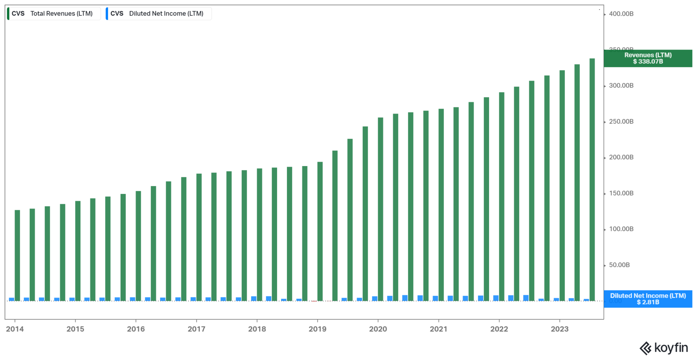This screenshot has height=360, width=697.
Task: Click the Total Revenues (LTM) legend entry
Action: pyautogui.click(x=54, y=14)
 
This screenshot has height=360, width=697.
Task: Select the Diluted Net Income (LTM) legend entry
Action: pyautogui.click(x=159, y=14)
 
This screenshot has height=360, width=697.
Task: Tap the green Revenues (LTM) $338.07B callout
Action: pyautogui.click(x=648, y=58)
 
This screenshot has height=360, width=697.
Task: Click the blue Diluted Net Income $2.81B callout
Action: pyautogui.click(x=648, y=299)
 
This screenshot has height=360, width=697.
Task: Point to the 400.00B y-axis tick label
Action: pyautogui.click(x=621, y=14)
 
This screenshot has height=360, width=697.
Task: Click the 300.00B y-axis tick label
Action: pyautogui.click(x=621, y=85)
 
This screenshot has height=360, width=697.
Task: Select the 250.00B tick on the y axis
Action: pyautogui.click(x=621, y=121)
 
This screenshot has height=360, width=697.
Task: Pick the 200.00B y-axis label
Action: pyautogui.click(x=621, y=157)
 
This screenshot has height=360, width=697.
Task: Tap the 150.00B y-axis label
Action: pyautogui.click(x=621, y=193)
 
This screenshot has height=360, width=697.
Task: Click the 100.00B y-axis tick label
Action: pyautogui.click(x=621, y=229)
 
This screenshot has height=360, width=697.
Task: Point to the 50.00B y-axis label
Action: pyautogui.click(x=619, y=265)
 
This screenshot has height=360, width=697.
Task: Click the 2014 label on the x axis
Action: pyautogui.click(x=15, y=329)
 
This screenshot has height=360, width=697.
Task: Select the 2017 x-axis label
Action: pyautogui.click(x=196, y=329)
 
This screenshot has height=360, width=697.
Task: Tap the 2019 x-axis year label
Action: pyautogui.click(x=318, y=329)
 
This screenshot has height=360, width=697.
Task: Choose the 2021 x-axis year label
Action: pyautogui.click(x=438, y=329)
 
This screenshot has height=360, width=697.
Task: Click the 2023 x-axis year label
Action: pyautogui.click(x=560, y=329)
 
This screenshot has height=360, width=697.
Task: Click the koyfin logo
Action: pyautogui.click(x=664, y=348)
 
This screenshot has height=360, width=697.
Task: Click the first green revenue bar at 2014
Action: pyautogui.click(x=17, y=255)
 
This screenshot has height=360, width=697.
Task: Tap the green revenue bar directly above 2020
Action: pyautogui.click(x=380, y=209)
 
